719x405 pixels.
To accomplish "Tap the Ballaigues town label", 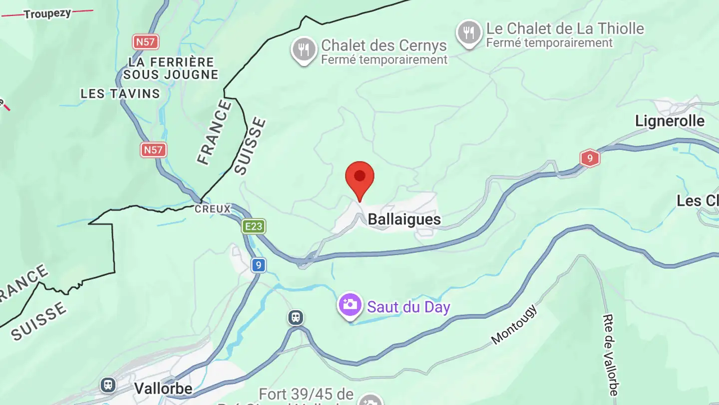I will (x=404, y=219).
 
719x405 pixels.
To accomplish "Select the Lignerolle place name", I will (x=670, y=121).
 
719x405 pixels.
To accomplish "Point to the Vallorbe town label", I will (x=163, y=388).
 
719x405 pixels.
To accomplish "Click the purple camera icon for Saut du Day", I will (x=350, y=304).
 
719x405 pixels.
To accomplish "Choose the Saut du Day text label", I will (x=408, y=307).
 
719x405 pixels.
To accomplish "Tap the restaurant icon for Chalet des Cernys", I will (x=304, y=49).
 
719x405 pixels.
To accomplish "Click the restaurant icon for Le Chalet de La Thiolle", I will (x=468, y=32).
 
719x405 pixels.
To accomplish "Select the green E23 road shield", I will (x=254, y=226).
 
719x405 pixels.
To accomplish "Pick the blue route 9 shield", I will (x=258, y=265).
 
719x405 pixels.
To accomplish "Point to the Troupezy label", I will (x=47, y=13).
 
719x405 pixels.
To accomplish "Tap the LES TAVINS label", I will (x=120, y=93).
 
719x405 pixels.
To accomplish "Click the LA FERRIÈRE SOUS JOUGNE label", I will (x=171, y=68).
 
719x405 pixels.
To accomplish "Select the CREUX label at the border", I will (x=213, y=209).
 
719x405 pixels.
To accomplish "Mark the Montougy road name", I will (x=514, y=324).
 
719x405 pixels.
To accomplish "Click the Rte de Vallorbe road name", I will (x=610, y=354).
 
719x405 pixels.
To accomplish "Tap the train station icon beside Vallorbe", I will (x=108, y=385).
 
